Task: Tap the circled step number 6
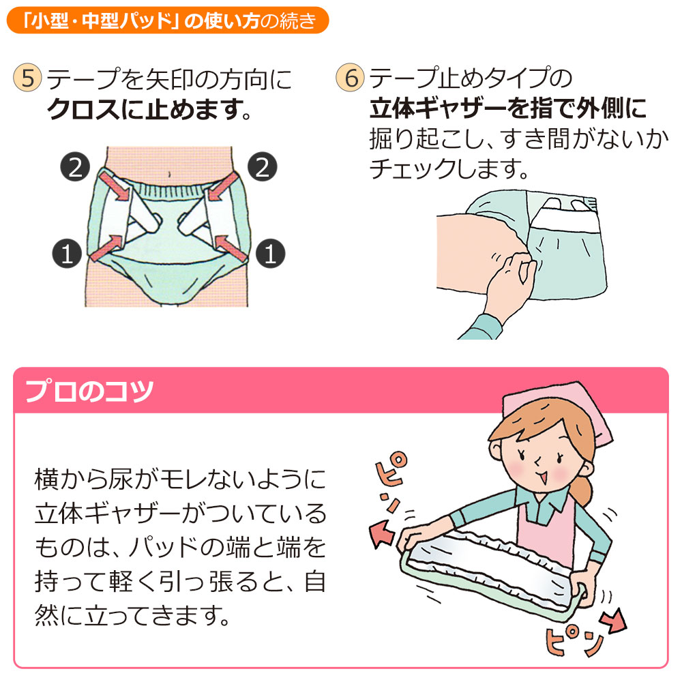click(351, 78)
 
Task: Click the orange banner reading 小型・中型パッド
click(167, 20)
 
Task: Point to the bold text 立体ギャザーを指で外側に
click(507, 108)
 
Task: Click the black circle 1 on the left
click(67, 254)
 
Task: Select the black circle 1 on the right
click(270, 254)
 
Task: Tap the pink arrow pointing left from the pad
click(382, 533)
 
